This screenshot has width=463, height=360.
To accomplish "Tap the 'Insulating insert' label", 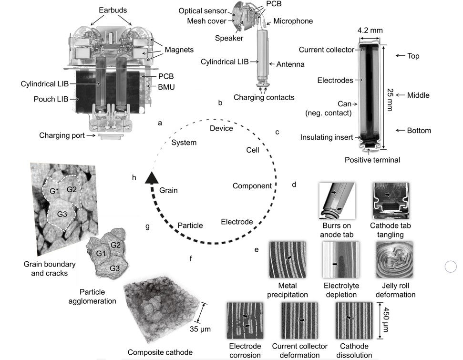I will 327,137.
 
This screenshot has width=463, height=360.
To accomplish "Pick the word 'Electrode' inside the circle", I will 237,221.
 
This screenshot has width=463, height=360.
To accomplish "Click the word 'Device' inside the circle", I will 222,128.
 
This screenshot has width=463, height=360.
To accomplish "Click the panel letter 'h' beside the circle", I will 134,177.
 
